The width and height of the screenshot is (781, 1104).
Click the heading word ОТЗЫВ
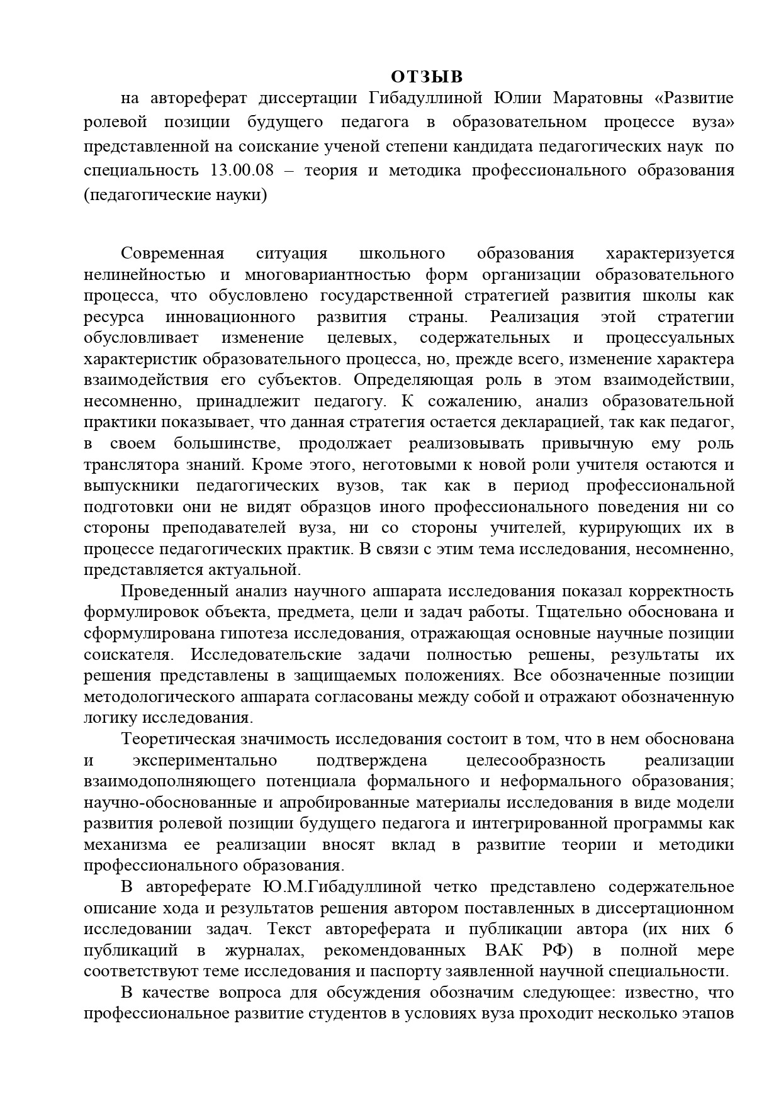click(x=427, y=77)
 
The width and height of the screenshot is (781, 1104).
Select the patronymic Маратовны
click(x=601, y=98)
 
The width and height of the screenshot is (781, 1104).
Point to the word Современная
click(x=172, y=254)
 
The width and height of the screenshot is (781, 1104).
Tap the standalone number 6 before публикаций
click(x=728, y=929)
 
